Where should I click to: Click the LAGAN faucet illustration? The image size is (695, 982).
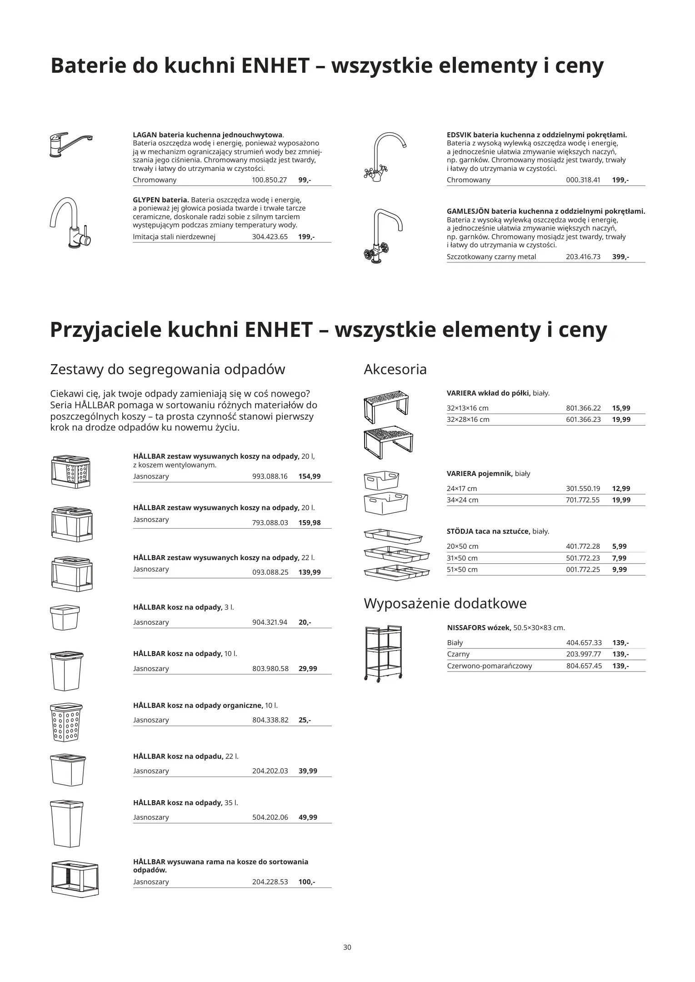pyautogui.click(x=70, y=145)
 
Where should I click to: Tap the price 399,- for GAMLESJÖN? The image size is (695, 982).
pyautogui.click(x=620, y=257)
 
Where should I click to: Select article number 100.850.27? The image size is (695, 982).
pyautogui.click(x=269, y=180)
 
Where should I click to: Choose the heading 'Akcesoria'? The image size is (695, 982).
pyautogui.click(x=395, y=369)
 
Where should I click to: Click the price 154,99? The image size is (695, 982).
pyautogui.click(x=309, y=476)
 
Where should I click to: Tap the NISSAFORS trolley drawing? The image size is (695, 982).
pyautogui.click(x=383, y=653)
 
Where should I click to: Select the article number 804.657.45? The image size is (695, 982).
pyautogui.click(x=584, y=666)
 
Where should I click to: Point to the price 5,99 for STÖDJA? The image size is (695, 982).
pyautogui.click(x=619, y=546)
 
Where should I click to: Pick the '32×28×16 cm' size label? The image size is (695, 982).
pyautogui.click(x=468, y=420)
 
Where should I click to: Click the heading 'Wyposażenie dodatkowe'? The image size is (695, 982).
pyautogui.click(x=445, y=603)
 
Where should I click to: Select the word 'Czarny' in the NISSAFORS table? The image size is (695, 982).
pyautogui.click(x=458, y=654)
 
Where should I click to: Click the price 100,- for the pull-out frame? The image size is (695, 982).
pyautogui.click(x=306, y=882)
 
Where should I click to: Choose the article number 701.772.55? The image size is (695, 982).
pyautogui.click(x=583, y=500)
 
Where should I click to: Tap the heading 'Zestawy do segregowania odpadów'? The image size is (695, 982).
pyautogui.click(x=167, y=369)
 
